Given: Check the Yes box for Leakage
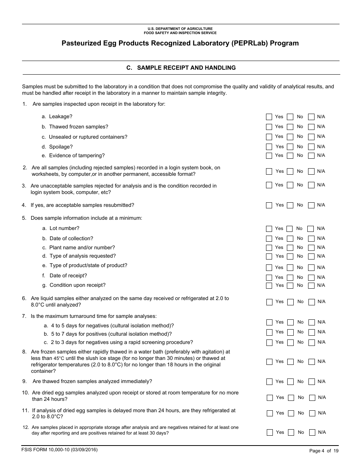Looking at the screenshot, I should point(269,117).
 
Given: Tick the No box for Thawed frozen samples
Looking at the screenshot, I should point(290,127).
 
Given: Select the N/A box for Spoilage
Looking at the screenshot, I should point(311,147).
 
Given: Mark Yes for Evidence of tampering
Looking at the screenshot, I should point(269,156).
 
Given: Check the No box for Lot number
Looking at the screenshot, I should point(290,229).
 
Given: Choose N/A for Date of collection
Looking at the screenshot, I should point(311,239).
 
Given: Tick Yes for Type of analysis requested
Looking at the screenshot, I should point(269,256).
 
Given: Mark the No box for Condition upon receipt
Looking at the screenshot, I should point(290,286).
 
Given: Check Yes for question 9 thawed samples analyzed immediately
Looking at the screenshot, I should point(269,382).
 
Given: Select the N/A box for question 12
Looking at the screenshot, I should point(312,433).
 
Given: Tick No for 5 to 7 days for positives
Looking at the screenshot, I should point(290,332).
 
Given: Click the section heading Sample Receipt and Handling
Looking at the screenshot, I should point(181,68).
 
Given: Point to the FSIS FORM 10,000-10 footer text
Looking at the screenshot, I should point(60,450).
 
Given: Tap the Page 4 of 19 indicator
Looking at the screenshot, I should point(324,451).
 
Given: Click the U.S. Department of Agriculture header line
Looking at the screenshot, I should point(180,29).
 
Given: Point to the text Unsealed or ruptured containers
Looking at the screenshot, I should point(88,137).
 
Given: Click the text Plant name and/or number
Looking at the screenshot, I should point(82,247).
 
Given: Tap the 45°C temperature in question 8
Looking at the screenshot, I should point(59,358).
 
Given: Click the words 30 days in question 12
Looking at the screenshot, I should point(160,433).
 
